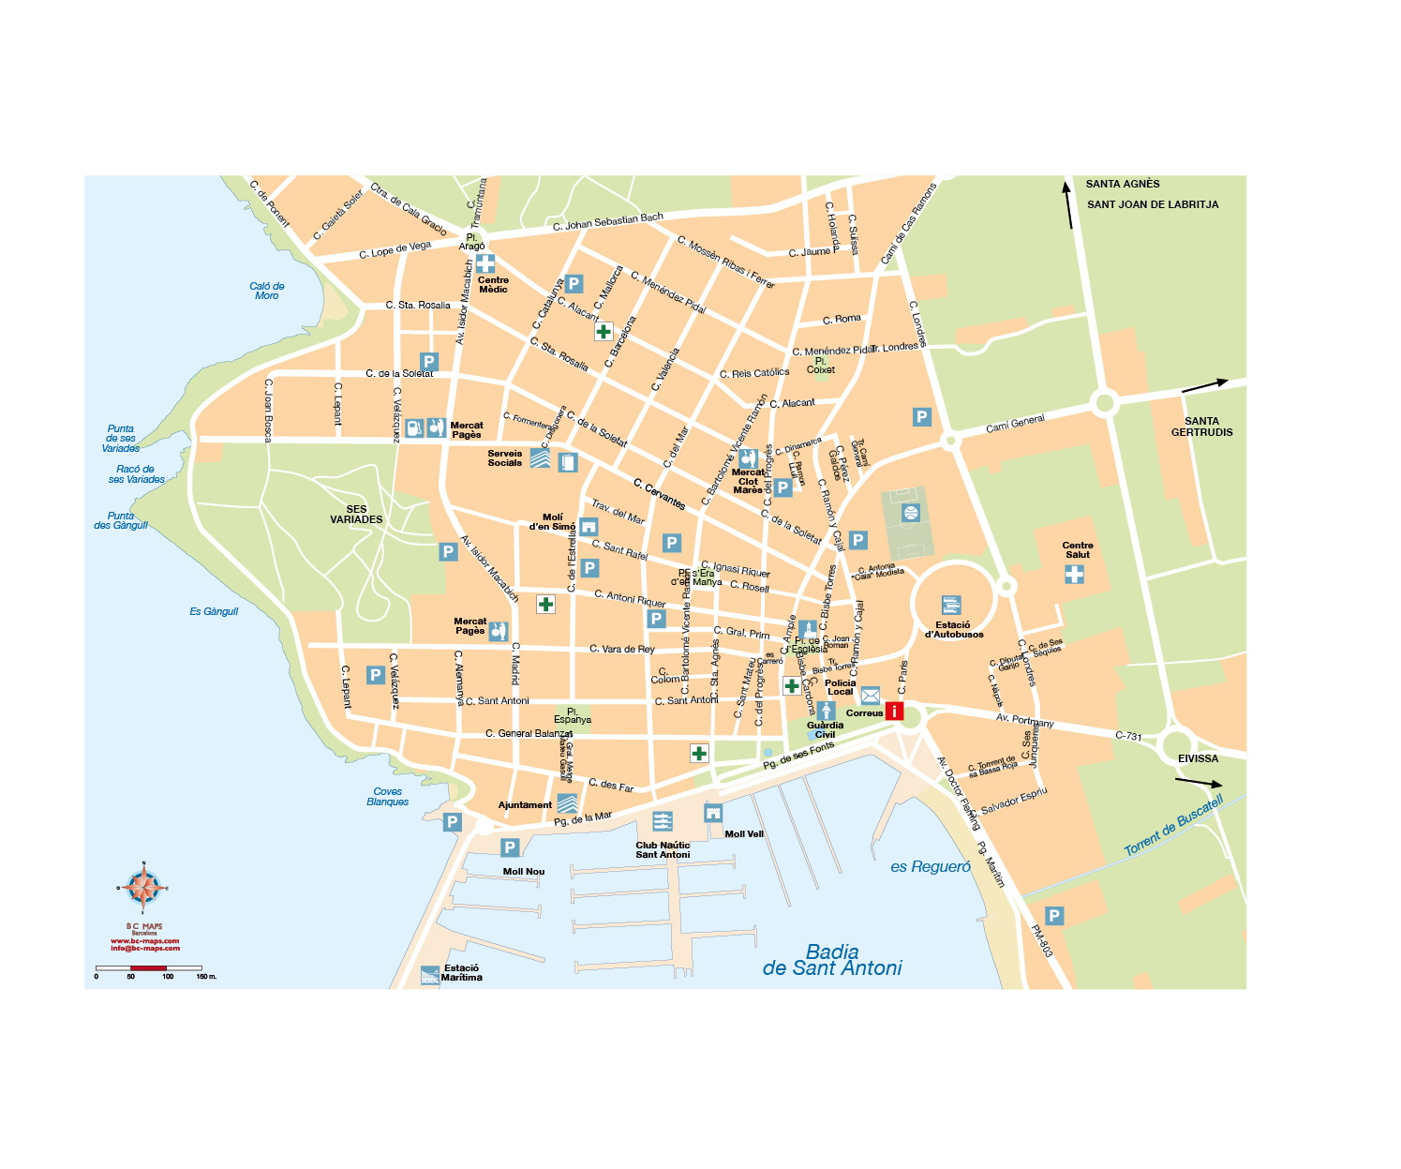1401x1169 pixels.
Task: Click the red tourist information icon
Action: (895, 712)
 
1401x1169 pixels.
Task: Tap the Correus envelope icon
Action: (871, 696)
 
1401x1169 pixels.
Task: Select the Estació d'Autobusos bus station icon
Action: (951, 606)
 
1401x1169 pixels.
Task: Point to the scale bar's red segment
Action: (148, 967)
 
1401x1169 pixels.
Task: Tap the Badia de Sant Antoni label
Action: (832, 961)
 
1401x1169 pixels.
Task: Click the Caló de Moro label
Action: (267, 292)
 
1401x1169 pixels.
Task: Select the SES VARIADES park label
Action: (356, 515)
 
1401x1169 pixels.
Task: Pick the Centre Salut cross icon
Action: (1074, 574)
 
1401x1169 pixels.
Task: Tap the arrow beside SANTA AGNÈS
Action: (1067, 204)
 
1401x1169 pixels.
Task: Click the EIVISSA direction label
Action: (1198, 758)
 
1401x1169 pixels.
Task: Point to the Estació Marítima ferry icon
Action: (430, 975)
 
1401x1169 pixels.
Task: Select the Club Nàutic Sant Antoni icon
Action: (662, 822)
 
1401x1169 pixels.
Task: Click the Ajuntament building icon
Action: (567, 804)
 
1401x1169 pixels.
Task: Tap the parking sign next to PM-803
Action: (1054, 916)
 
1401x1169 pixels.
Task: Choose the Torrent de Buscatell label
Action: (1173, 825)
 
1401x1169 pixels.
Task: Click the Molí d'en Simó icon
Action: (589, 527)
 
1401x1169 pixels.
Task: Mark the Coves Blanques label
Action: (388, 797)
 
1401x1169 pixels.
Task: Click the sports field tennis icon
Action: (910, 513)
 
